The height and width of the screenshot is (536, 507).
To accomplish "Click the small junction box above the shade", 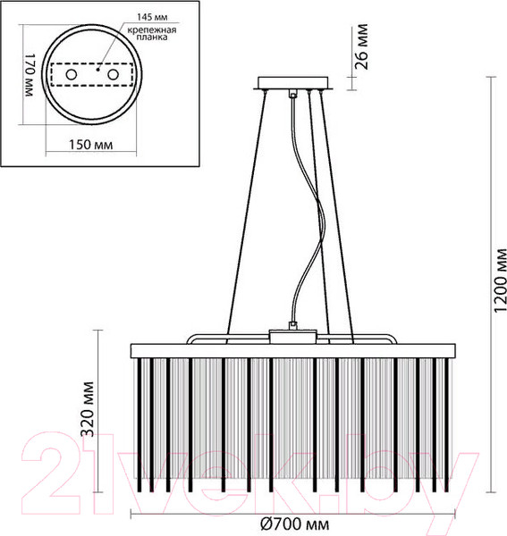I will (293, 337).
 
